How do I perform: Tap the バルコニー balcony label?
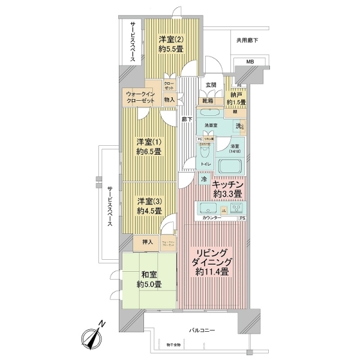pos(203,331)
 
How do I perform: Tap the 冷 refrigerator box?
pos(204,179)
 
